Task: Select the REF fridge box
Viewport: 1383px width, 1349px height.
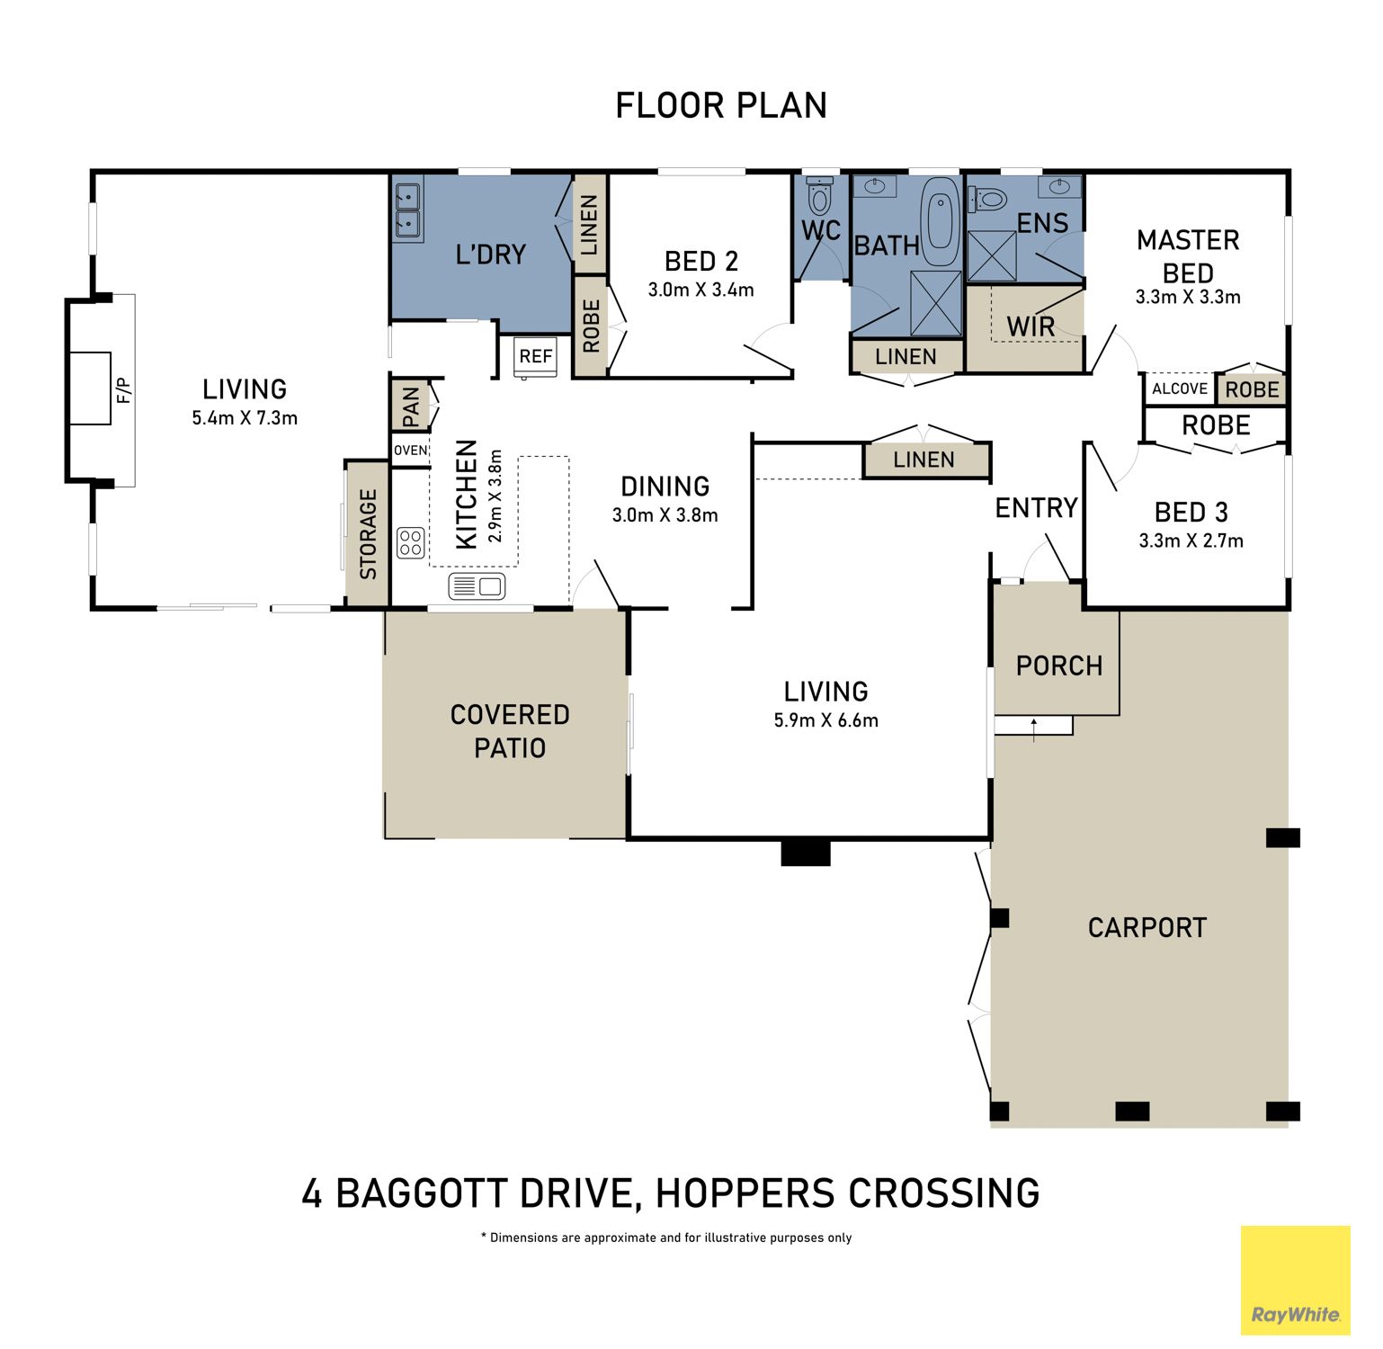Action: (535, 357)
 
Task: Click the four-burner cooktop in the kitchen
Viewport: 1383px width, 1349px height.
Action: (411, 542)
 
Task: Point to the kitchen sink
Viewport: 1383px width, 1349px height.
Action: (477, 587)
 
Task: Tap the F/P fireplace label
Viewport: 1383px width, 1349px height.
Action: (124, 390)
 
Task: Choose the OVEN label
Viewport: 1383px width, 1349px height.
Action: (411, 451)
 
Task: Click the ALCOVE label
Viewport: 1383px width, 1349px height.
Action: (1180, 389)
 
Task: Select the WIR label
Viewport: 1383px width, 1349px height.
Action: (1031, 326)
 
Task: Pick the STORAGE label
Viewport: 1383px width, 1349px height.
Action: (368, 534)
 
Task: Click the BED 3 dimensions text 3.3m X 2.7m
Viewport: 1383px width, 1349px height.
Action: (1191, 540)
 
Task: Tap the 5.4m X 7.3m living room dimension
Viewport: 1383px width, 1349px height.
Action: (245, 417)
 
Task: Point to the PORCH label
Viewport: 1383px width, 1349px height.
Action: (1059, 666)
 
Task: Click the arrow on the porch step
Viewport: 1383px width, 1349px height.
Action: (1034, 729)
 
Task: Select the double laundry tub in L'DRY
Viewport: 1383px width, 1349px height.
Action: (407, 210)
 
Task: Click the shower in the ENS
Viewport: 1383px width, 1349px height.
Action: (992, 256)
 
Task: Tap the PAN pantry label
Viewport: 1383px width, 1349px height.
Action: (411, 406)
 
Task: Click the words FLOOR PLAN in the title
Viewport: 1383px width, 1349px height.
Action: (721, 106)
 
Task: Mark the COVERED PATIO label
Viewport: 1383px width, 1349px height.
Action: (510, 731)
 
